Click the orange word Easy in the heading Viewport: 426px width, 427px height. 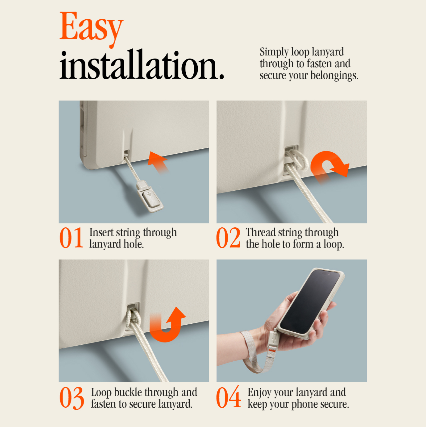(92, 28)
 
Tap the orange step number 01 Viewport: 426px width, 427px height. (71, 238)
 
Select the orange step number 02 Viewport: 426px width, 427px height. (228, 238)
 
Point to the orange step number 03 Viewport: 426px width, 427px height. (72, 398)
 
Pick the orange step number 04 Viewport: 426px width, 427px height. (228, 397)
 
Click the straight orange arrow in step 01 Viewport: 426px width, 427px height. (158, 162)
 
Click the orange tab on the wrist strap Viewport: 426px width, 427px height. (272, 351)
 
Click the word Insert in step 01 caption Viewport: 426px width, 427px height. (102, 232)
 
